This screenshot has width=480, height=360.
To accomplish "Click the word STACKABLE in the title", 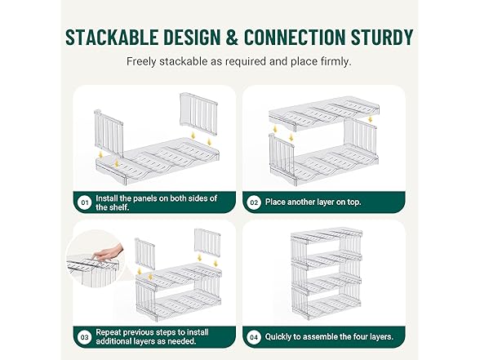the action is pos(112,38).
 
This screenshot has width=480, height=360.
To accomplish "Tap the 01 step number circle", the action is pos(85,202).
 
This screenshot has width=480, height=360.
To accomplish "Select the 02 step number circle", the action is pos(254,202).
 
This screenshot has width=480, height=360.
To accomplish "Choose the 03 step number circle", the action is pos(85,337).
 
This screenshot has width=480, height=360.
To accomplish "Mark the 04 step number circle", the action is pos(254,337).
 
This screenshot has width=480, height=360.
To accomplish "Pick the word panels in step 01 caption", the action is pos(144,198).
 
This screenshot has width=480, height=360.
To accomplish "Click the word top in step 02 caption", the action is pos(353,202).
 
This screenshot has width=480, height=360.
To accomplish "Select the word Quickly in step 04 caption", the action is pos(278,337).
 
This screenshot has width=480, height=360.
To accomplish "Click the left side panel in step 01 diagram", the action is pos(109,133).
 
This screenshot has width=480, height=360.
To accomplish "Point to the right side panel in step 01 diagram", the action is pos(198,114).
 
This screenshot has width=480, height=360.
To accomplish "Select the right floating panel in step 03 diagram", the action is pos(207,243).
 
